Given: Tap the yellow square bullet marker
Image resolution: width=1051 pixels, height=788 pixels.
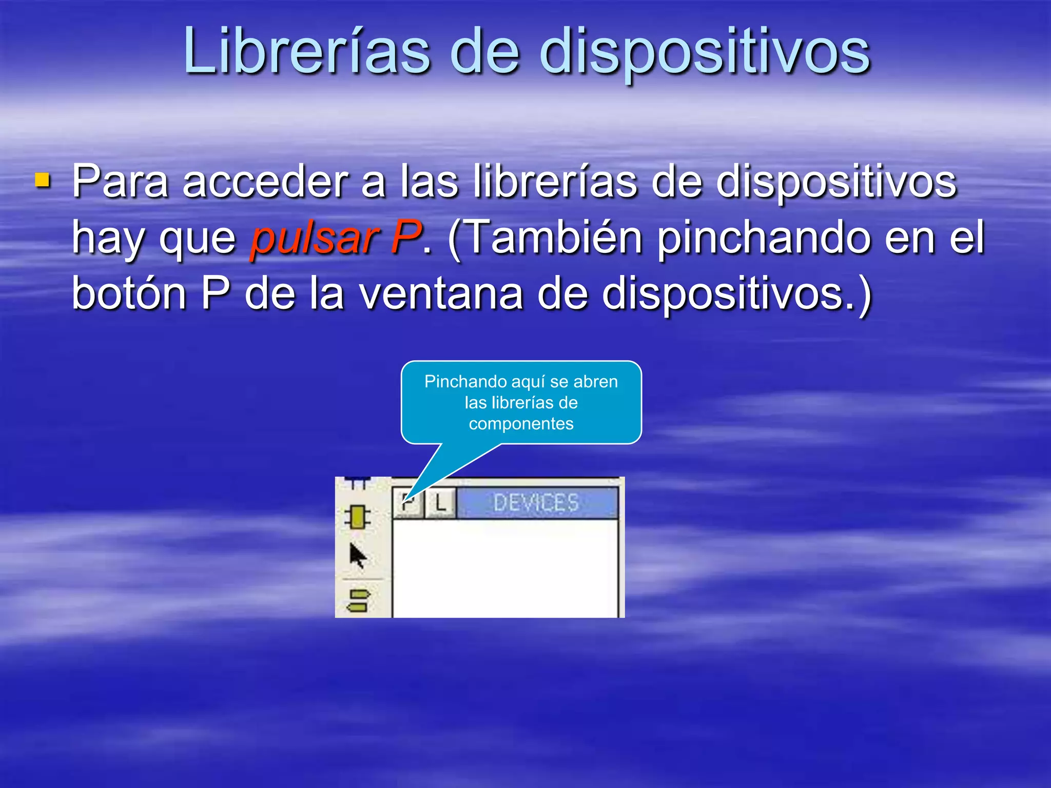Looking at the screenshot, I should [x=43, y=180].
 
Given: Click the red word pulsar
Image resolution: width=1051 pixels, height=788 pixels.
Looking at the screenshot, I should [x=314, y=237].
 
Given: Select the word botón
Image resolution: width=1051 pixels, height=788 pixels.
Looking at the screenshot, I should [x=129, y=292].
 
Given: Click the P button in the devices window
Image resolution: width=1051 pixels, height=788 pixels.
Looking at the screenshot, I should [x=408, y=503].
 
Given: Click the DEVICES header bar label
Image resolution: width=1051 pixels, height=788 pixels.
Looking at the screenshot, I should [x=536, y=503].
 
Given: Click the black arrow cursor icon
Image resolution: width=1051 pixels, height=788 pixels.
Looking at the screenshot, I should [x=358, y=556].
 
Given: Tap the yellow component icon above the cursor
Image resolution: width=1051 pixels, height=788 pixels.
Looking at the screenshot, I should [x=357, y=517].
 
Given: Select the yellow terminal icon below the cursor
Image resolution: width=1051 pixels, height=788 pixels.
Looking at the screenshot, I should [x=359, y=601].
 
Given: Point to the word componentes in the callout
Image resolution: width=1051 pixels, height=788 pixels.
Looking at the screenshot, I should [x=521, y=424].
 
